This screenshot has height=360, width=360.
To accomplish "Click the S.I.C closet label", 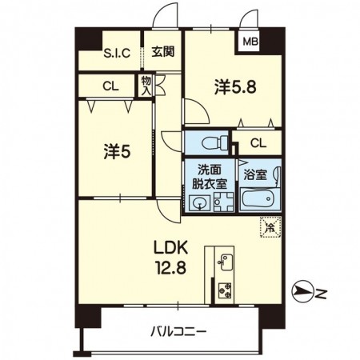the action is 117,53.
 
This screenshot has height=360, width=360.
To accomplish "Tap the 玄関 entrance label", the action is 163,52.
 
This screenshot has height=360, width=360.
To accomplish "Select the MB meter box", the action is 250,42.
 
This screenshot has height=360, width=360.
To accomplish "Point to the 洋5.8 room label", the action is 235,87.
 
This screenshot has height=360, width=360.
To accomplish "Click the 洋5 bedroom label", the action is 118,151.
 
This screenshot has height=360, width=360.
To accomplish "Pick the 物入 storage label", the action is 146,86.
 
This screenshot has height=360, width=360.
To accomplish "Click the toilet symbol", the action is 215,143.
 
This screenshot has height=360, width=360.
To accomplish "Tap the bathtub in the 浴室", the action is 260,199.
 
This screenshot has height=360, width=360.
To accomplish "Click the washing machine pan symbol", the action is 223,202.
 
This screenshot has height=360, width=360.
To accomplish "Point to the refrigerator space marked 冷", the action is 270,227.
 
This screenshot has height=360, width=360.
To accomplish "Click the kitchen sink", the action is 226,262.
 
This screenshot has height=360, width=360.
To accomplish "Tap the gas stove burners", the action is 225,290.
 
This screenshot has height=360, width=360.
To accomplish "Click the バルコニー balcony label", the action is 178,332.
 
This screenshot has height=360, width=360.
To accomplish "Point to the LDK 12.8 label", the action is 170,258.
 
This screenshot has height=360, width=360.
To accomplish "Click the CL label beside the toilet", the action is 258,143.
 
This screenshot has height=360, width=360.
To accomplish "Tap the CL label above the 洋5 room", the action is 110,86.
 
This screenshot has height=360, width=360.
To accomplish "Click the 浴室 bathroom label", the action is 255,174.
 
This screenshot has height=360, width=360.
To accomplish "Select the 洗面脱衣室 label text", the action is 210,177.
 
